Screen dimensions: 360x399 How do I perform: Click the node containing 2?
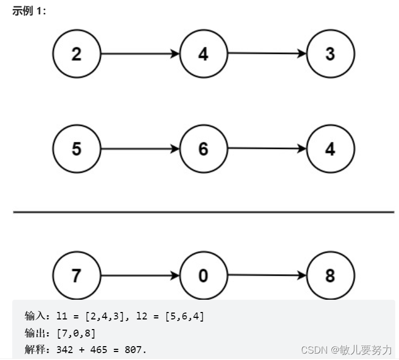(x=76, y=54)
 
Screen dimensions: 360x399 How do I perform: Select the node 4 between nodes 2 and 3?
(x=203, y=54)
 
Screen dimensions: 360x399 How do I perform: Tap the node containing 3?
(x=330, y=54)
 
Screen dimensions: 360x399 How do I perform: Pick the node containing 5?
(x=76, y=149)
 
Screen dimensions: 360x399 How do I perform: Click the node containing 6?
(x=203, y=149)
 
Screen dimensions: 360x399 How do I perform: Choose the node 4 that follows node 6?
(x=330, y=149)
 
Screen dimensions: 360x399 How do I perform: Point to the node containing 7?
(x=76, y=276)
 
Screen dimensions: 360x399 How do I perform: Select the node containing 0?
(x=203, y=276)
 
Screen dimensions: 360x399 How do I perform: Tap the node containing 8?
(x=330, y=276)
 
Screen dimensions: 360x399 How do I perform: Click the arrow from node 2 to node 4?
(x=140, y=54)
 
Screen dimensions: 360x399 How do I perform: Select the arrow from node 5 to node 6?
(x=140, y=149)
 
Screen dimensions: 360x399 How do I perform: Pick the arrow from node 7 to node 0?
(x=140, y=276)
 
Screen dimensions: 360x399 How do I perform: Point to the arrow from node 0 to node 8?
(x=266, y=276)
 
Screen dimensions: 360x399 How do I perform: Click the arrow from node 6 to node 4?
(x=266, y=149)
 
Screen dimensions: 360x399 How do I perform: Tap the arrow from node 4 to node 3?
(x=266, y=54)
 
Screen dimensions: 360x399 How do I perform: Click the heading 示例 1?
(x=29, y=11)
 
